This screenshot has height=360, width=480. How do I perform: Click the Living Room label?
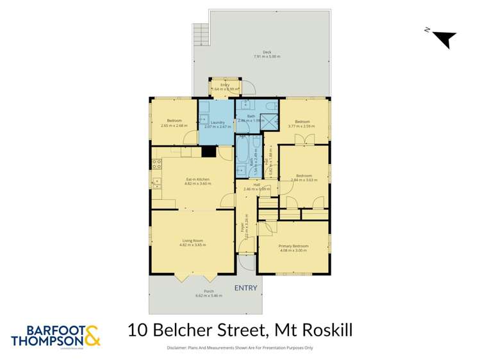[x=192, y=241]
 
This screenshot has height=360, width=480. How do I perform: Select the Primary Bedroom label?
[x=294, y=246]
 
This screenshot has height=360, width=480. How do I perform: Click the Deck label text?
[x=267, y=53]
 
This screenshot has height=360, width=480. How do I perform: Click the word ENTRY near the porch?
[x=245, y=288]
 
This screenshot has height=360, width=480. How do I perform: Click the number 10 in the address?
[x=137, y=331]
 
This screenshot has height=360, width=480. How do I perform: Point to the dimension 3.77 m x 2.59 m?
[x=302, y=126]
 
